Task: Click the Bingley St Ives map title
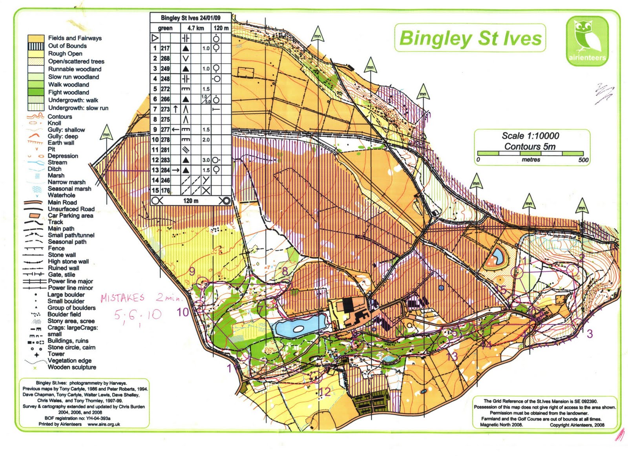[470, 38]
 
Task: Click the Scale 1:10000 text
[530, 136]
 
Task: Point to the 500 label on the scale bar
[583, 160]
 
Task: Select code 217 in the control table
[165, 48]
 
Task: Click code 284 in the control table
[165, 170]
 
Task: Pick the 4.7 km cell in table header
[195, 28]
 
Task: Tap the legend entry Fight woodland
[68, 92]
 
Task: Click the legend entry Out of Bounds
[67, 46]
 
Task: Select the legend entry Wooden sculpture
[72, 367]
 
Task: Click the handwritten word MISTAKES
[122, 298]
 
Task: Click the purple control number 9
[192, 272]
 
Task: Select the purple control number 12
[325, 392]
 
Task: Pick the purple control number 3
[590, 334]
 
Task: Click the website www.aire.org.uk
[104, 424]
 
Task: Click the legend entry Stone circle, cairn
[71, 347]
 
